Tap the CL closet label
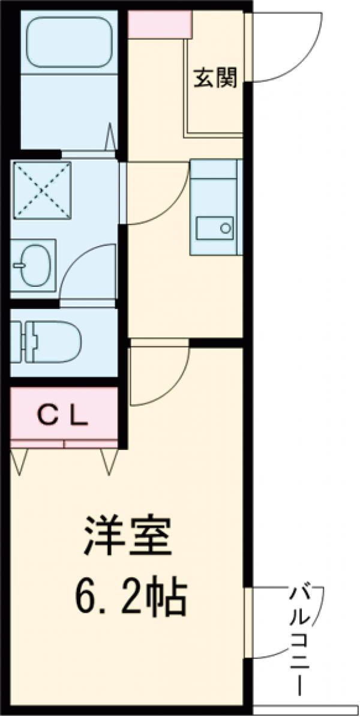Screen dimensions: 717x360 click(64, 414)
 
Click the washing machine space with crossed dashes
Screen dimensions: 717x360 click(41, 191)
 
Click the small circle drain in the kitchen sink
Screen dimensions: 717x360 click(226, 228)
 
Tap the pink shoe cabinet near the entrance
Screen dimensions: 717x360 click(160, 24)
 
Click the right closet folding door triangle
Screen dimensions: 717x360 click(109, 460)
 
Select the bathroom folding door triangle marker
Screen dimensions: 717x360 click(112, 137)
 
